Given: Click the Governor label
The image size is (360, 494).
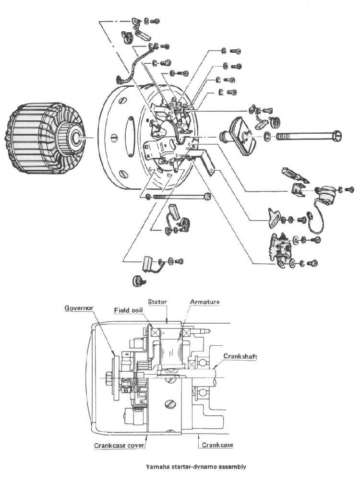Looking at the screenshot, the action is pos(79,308).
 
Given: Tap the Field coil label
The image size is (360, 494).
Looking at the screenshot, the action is pos(128,310).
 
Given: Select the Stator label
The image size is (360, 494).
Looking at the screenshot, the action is pos(157,302).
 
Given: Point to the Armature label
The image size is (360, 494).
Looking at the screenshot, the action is pos(204,302).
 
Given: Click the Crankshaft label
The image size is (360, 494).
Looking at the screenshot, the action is pos(240,356).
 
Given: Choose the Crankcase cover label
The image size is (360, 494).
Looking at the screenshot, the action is pos(119,446).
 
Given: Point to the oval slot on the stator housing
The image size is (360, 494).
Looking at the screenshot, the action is pos(129,136).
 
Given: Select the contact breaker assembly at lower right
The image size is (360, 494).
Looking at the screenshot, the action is pos(280,250).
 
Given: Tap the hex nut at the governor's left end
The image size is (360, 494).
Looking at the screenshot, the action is pos(109,377).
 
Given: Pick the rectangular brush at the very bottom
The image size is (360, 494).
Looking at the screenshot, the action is pos(147,264).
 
